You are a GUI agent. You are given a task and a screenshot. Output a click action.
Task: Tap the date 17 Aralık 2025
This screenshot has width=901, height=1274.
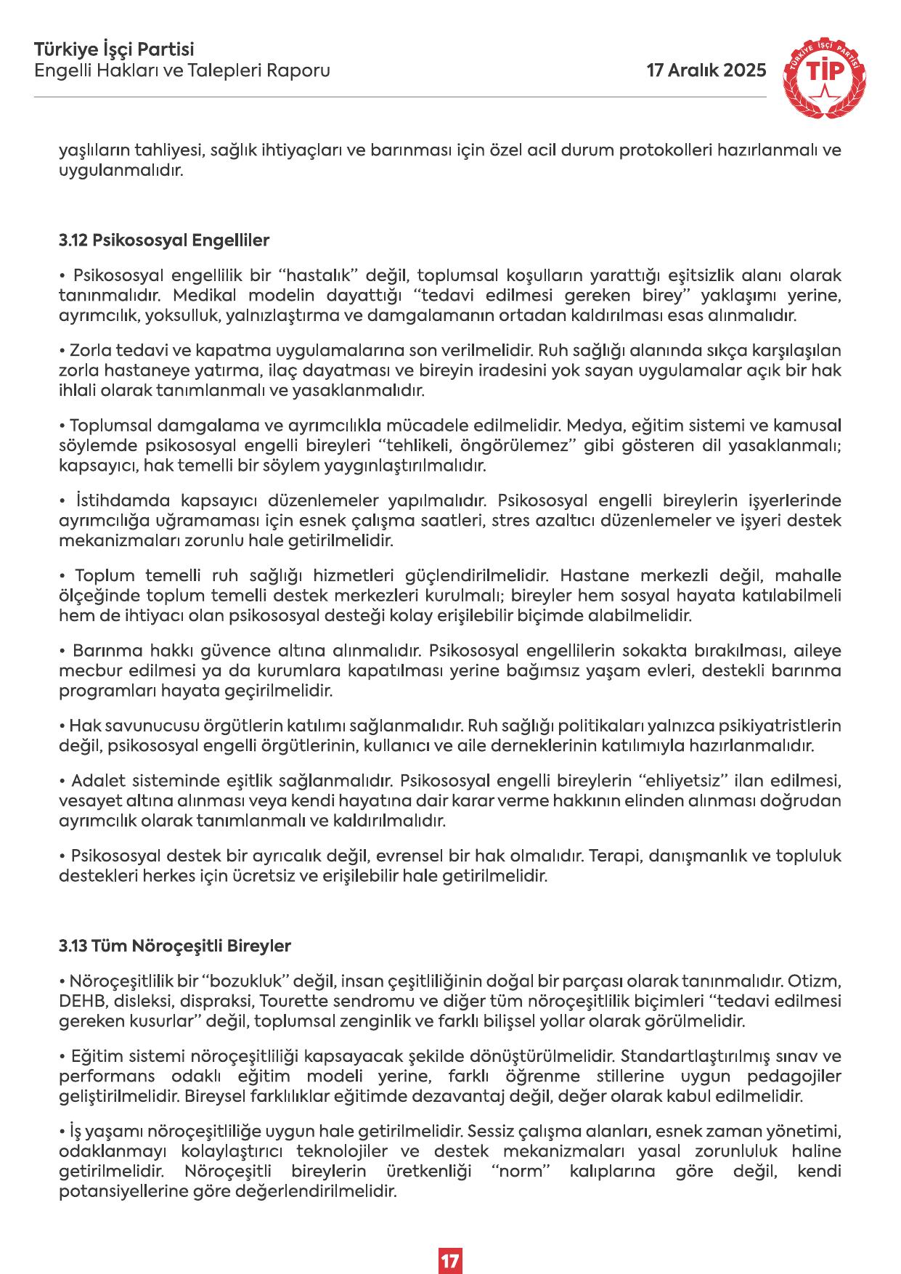click(x=706, y=70)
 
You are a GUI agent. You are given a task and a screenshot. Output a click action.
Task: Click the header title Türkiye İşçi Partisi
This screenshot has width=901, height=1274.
click(x=114, y=50)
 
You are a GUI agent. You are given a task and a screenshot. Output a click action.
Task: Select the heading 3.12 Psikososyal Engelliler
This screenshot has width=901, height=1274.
click(x=164, y=240)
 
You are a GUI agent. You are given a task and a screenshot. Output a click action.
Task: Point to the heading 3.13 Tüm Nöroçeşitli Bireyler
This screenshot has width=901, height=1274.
click(x=175, y=946)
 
